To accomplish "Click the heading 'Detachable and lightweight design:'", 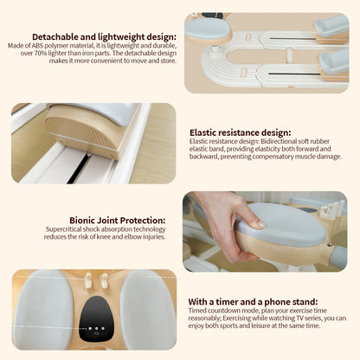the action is (104, 37).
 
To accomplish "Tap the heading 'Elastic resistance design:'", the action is (241, 132).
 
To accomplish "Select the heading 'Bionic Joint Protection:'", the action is (118, 221).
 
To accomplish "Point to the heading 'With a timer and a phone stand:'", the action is (253, 302).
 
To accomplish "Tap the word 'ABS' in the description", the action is (37, 46).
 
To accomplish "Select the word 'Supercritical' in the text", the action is (63, 229).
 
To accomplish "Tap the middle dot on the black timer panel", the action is (96, 328).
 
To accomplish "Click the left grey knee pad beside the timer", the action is (42, 308).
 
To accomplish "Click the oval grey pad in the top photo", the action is (208, 29).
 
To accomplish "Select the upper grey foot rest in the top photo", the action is (331, 25).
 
